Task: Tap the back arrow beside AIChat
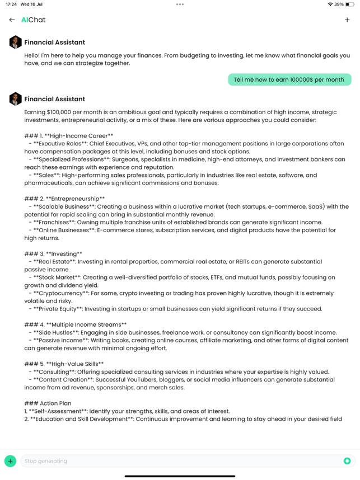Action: (12, 20)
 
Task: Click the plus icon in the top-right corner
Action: (347, 20)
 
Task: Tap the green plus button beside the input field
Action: (10, 461)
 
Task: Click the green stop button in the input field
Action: (347, 461)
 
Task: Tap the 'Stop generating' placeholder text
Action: (46, 461)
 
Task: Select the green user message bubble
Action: (289, 79)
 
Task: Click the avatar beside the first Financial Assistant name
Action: (15, 42)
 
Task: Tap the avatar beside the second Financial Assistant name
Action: (15, 98)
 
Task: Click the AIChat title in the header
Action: (33, 20)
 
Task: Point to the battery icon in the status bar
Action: (350, 4)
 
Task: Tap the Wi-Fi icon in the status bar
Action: (330, 4)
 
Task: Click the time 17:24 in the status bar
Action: (11, 4)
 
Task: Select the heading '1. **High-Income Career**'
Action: (69, 136)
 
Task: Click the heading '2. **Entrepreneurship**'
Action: (65, 199)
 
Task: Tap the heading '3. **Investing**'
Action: (54, 254)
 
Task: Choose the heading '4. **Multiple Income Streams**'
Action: (76, 324)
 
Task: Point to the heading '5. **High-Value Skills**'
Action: (64, 364)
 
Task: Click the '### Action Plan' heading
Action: (48, 403)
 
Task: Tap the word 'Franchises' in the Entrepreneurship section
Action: (55, 222)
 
